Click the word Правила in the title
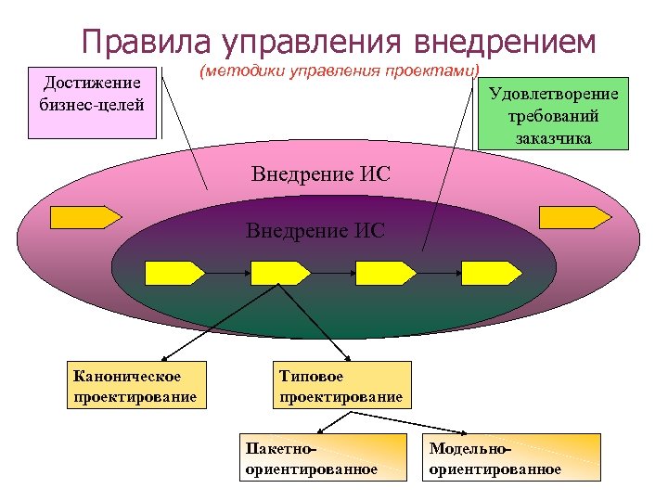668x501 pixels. point(146,42)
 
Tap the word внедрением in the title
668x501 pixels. point(503,42)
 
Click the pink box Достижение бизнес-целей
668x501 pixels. point(92,102)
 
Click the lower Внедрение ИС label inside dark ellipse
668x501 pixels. point(315,230)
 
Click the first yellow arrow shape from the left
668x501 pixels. point(174,272)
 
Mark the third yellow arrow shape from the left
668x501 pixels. point(385,272)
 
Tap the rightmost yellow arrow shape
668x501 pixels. point(492,272)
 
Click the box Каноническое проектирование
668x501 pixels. point(134,386)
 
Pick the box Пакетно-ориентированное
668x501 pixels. point(322,458)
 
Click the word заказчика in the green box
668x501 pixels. point(554,137)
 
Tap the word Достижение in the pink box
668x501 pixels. point(92,83)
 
